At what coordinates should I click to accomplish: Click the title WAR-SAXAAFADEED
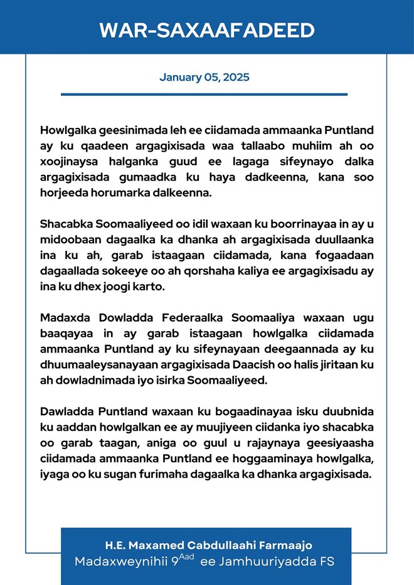(x=206, y=30)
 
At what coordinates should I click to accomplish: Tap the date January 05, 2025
(x=204, y=78)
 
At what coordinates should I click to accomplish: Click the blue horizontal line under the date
(x=204, y=95)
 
